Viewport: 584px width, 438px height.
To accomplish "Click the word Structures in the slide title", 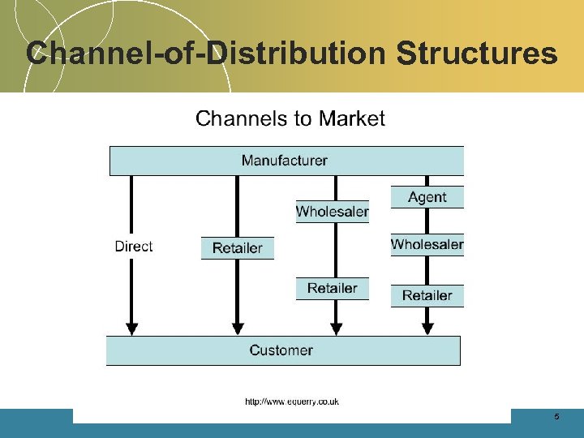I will [477, 54].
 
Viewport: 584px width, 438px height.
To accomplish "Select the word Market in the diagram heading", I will [351, 119].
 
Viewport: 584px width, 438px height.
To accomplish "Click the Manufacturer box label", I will [285, 160].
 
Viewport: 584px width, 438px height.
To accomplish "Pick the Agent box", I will [427, 197].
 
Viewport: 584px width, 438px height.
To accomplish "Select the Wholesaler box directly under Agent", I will [427, 244].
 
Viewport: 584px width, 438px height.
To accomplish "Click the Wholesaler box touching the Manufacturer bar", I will [333, 212].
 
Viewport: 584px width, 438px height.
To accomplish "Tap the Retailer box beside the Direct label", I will [238, 248].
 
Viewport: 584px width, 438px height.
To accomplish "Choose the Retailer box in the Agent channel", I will [427, 295].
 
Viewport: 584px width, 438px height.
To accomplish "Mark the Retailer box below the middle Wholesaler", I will [333, 288].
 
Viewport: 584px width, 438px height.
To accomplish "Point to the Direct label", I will [134, 246].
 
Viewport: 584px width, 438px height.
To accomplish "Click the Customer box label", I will [281, 350].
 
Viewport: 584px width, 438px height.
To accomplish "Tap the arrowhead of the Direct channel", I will [131, 327].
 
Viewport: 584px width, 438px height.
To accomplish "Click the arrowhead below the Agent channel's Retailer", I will [428, 328].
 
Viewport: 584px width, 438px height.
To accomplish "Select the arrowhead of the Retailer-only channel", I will [238, 327].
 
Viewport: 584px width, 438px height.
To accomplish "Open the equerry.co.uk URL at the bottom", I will [292, 401].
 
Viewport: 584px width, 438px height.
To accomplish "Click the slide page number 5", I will [556, 416].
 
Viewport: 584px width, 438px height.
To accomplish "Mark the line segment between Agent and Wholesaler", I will [428, 221].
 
